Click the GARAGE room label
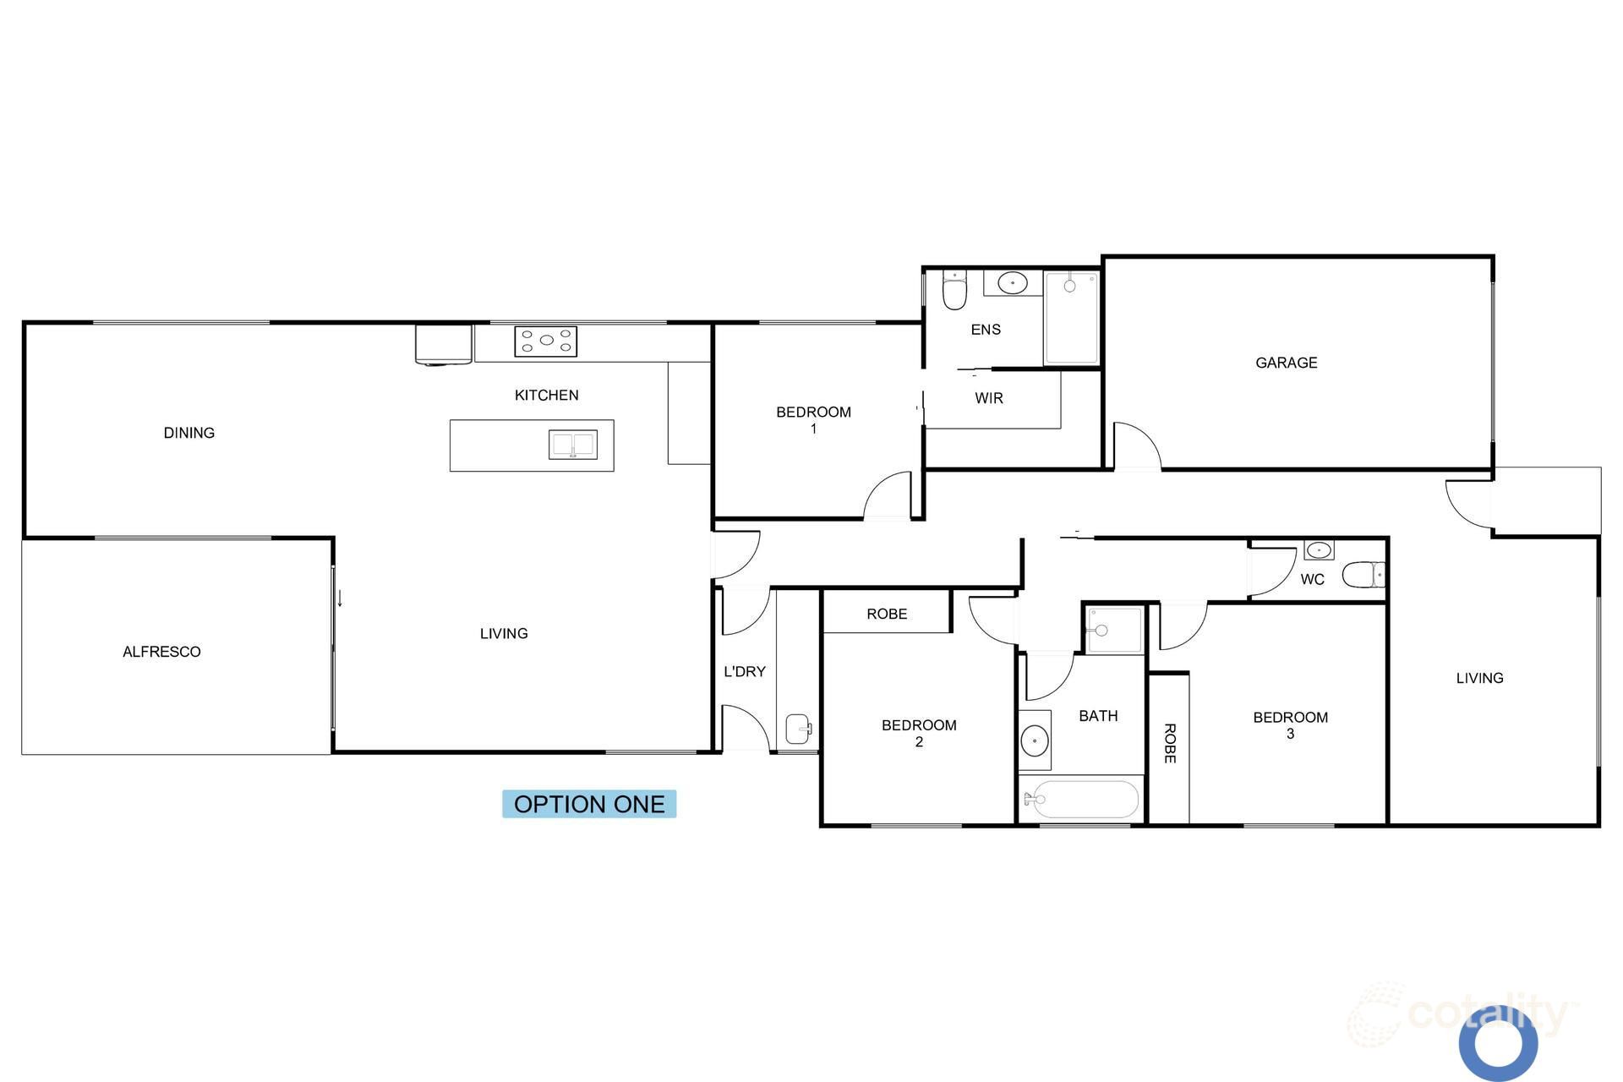1286,363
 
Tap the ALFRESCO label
161,652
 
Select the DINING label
189,433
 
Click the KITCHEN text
546,395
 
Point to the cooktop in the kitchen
546,341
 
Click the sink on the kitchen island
572,444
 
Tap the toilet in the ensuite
954,290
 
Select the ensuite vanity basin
1012,282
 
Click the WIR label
988,398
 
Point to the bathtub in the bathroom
1080,799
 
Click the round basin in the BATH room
1035,740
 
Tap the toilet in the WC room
1363,575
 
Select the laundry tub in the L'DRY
798,727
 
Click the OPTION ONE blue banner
589,804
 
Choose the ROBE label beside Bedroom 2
887,614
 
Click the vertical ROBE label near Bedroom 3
1169,743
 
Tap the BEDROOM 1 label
813,420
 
